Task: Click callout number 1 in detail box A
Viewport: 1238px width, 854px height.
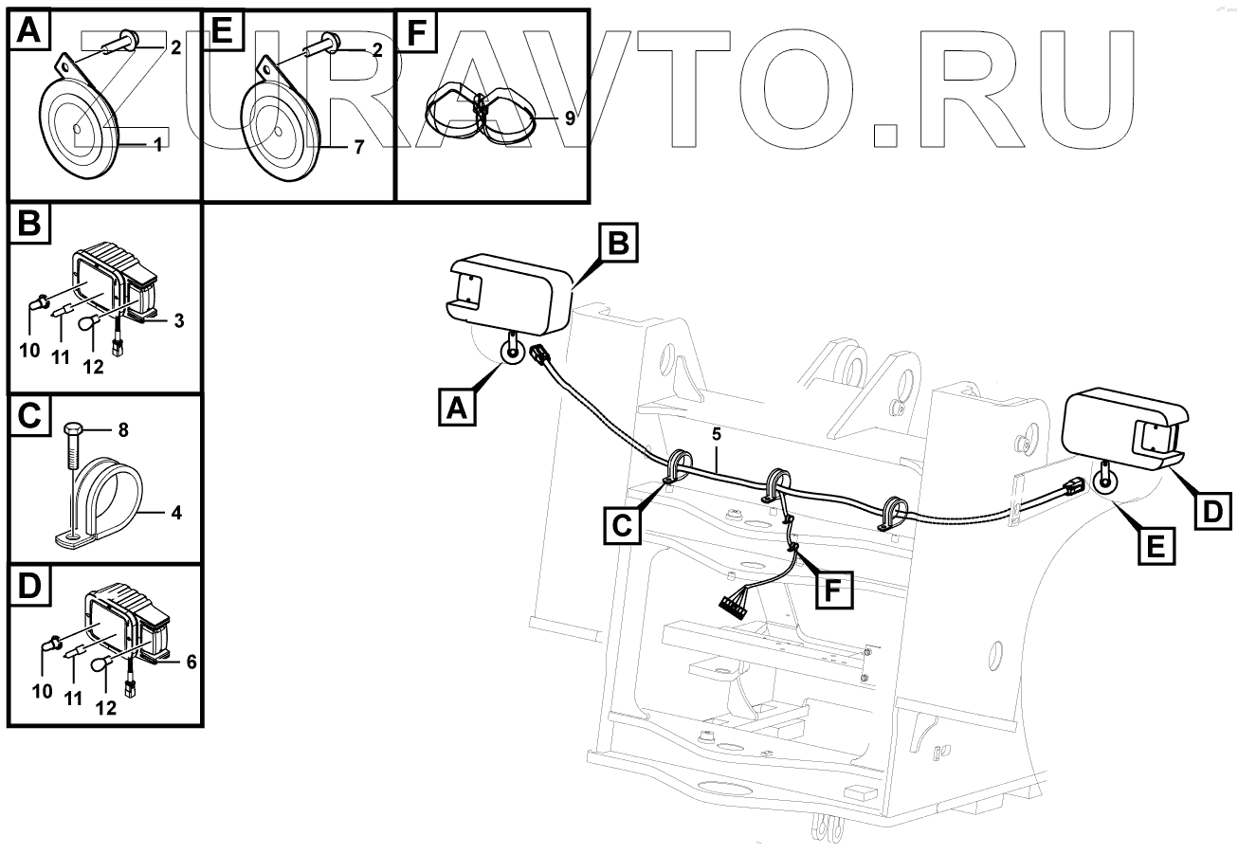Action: [158, 144]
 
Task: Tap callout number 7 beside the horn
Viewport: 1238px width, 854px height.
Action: [359, 150]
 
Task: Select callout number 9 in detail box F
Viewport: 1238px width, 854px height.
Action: [569, 118]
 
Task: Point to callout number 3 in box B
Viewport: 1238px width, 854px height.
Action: [178, 320]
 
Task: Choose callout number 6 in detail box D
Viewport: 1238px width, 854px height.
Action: [191, 662]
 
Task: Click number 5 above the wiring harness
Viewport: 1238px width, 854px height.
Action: [717, 436]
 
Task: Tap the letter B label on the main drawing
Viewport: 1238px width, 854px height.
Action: [617, 243]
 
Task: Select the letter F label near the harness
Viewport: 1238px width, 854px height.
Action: [831, 590]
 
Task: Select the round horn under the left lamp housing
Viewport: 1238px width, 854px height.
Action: [513, 352]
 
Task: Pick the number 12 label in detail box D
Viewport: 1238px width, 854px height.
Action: [107, 707]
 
